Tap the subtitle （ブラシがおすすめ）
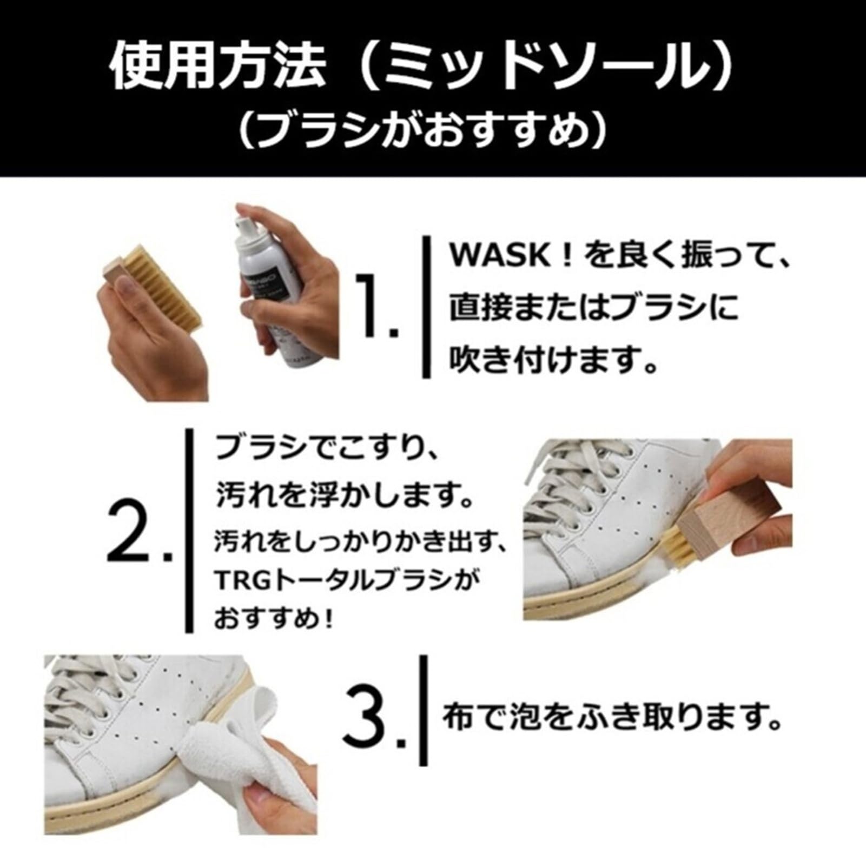pyautogui.click(x=422, y=131)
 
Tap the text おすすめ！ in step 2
pyautogui.click(x=274, y=619)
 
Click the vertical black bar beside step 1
pyautogui.click(x=426, y=307)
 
